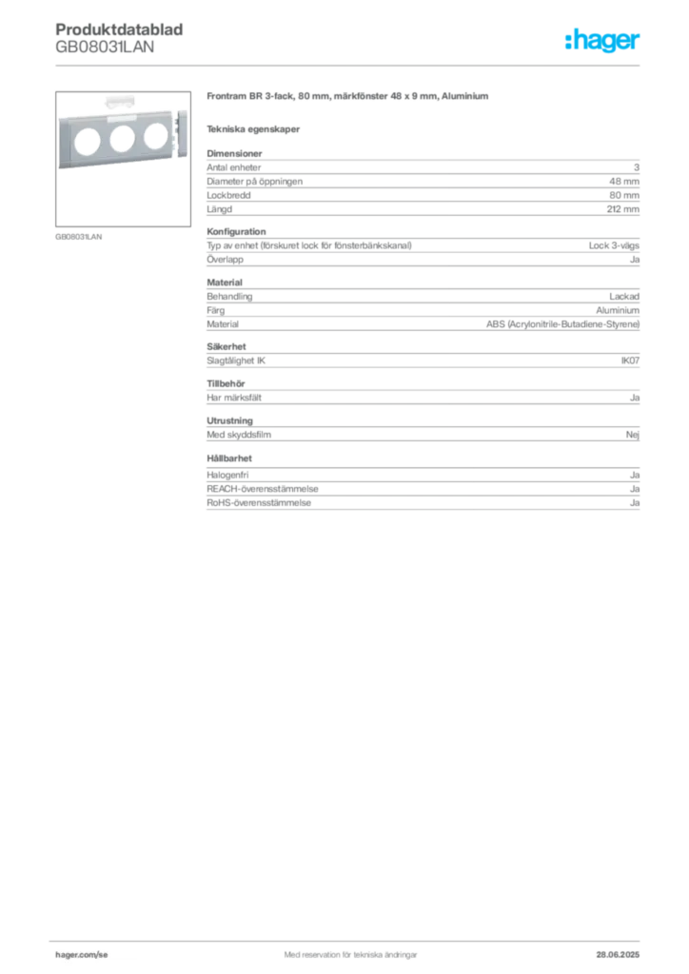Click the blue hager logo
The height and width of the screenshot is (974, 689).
point(604,43)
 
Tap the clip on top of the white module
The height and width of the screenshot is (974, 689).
point(118,99)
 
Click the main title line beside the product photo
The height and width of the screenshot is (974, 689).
point(349,99)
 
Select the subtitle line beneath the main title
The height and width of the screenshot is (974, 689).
point(254,128)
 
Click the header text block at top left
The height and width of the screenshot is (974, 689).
point(122,39)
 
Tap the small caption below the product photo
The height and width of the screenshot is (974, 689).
point(79,236)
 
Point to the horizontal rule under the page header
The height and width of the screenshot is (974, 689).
point(349,65)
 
